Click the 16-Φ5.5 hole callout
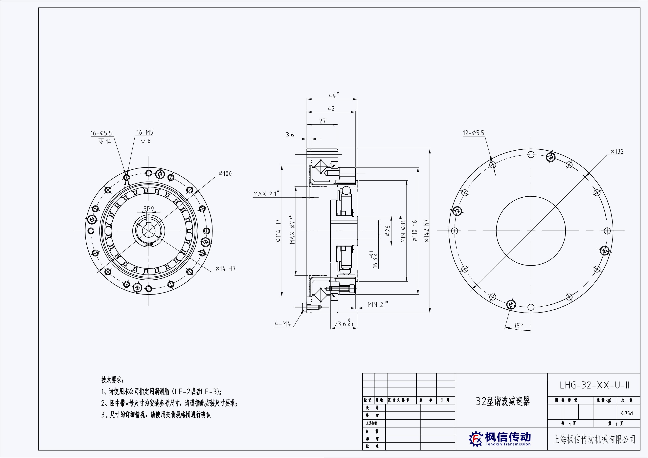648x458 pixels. click(x=101, y=133)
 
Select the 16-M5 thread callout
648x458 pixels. click(x=145, y=133)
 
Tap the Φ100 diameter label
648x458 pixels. click(x=225, y=174)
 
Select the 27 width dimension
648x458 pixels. click(x=322, y=121)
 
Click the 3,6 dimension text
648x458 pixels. click(x=290, y=135)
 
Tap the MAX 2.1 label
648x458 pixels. click(x=265, y=194)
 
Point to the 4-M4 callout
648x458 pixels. click(x=282, y=324)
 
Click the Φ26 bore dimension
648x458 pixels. click(x=388, y=231)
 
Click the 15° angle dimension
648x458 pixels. click(x=518, y=326)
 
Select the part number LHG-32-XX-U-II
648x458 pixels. click(x=594, y=385)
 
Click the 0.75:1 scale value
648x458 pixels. click(x=627, y=413)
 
